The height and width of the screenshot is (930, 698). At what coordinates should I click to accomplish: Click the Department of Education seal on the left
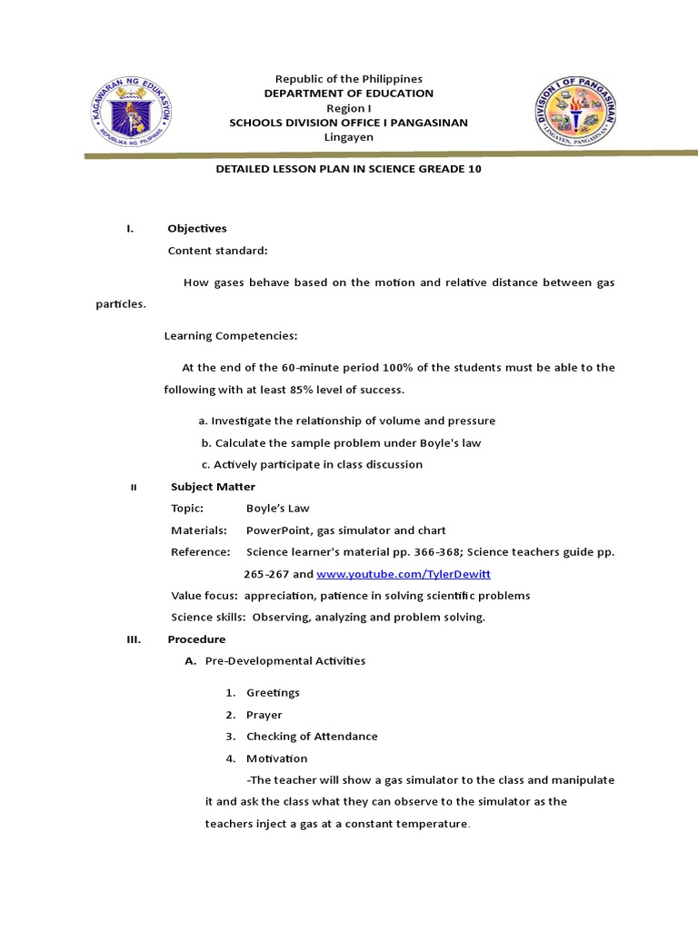[132, 114]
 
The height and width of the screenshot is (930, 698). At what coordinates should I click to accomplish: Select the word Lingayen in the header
[348, 137]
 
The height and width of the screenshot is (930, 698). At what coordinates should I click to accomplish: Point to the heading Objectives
[197, 228]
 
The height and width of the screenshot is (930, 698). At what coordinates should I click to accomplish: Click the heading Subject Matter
[213, 487]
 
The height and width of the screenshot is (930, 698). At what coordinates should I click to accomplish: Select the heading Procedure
[196, 639]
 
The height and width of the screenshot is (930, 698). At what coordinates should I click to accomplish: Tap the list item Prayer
[264, 715]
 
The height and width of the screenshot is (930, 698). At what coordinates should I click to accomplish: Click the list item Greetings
[273, 693]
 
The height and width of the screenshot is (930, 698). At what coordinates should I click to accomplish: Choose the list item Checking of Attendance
[312, 737]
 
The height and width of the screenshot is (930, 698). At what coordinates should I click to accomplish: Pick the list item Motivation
[276, 758]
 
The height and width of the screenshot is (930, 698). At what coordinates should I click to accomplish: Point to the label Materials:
[199, 530]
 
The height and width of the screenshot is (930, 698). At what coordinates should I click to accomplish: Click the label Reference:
[201, 552]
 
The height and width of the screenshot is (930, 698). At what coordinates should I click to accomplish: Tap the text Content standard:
[218, 251]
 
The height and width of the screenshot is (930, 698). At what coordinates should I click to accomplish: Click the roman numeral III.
[134, 639]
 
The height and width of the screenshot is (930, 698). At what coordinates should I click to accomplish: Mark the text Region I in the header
[348, 108]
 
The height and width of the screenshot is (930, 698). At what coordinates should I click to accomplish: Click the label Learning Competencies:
[231, 336]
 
